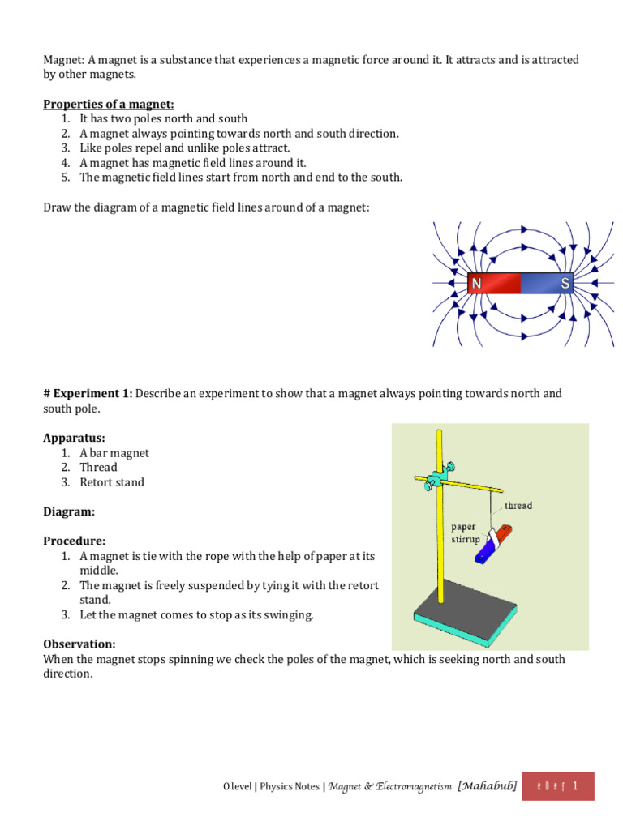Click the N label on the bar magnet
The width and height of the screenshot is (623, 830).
tap(477, 284)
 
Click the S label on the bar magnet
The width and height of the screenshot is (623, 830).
tap(565, 284)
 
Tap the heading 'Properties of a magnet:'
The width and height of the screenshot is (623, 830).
tap(108, 104)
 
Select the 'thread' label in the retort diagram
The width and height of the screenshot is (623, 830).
tap(518, 505)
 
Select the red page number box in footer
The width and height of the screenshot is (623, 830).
tap(560, 786)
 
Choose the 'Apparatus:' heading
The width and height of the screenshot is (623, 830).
tap(74, 438)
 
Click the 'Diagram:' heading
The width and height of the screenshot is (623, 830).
tap(69, 511)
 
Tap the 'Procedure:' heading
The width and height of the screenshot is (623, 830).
tap(74, 541)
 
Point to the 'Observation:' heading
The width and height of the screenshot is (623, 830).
tap(79, 644)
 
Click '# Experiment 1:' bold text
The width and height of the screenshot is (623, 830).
tap(87, 393)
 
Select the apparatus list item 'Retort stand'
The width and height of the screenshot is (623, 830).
tap(112, 482)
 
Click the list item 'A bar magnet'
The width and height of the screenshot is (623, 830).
tap(114, 453)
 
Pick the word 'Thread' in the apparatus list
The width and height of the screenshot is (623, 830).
tap(98, 468)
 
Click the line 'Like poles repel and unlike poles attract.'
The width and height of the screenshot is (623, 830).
tap(184, 148)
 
